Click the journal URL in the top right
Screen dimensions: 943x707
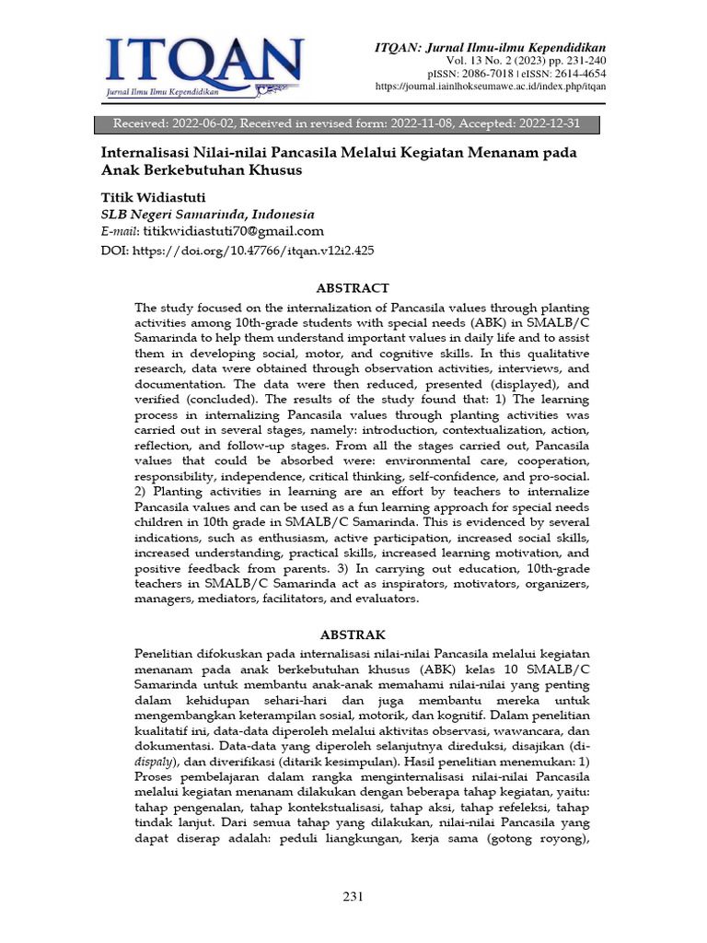(x=491, y=87)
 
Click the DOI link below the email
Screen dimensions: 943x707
(x=253, y=250)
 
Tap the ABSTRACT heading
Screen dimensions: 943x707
(x=353, y=288)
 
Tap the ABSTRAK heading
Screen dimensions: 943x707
(x=353, y=634)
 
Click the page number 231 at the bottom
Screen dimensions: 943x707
(x=353, y=896)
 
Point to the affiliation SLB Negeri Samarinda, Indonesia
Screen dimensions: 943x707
(x=207, y=214)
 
